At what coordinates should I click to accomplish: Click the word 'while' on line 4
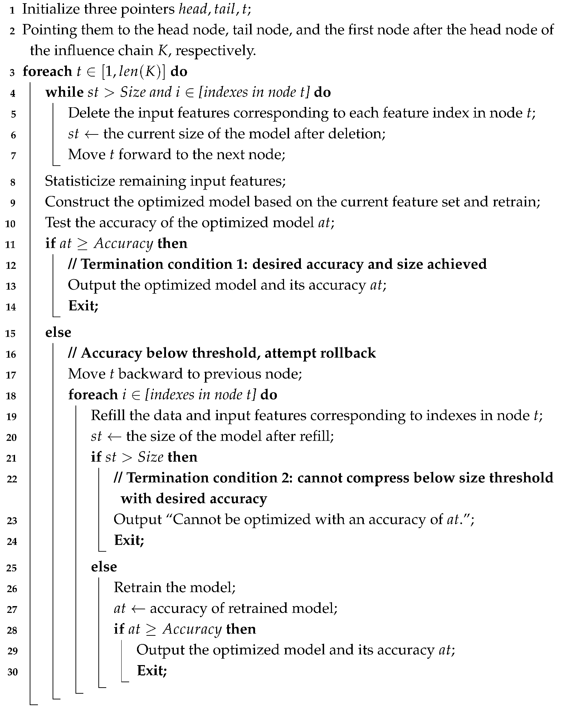pos(64,92)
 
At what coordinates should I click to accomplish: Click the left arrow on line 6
pos(91,134)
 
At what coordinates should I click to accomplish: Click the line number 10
pos(11,223)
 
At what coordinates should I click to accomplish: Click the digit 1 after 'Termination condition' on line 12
pos(240,264)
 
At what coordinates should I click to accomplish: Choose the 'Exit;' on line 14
pos(83,306)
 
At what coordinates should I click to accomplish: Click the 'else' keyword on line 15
pos(58,332)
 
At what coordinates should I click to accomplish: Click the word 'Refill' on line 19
pos(107,416)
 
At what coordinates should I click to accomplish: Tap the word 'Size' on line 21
pos(151,457)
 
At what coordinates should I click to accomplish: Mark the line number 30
pos(12,672)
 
